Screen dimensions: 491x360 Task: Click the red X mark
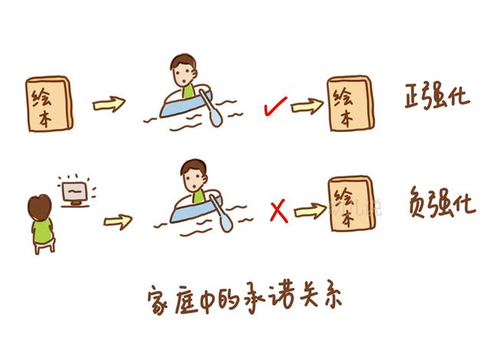pos(278,211)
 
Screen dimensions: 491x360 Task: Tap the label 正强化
pos(437,96)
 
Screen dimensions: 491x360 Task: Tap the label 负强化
pos(442,203)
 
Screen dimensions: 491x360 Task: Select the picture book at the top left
pos(49,104)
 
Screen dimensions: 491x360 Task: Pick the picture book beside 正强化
pos(351,104)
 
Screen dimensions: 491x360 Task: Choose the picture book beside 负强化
pos(351,204)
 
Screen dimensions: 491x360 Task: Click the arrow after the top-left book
pos(109,104)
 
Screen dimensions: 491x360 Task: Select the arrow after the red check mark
pos(307,107)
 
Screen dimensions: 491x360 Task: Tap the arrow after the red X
pos(310,211)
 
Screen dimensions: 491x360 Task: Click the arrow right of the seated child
pos(117,222)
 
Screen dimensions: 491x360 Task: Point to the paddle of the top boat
pos(211,108)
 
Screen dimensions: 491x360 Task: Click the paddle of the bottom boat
pos(222,213)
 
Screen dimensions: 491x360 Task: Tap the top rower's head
pos(183,71)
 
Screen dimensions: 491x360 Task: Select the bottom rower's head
pos(194,176)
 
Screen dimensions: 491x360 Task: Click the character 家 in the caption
pos(159,300)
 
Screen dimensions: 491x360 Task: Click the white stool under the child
pos(44,246)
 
